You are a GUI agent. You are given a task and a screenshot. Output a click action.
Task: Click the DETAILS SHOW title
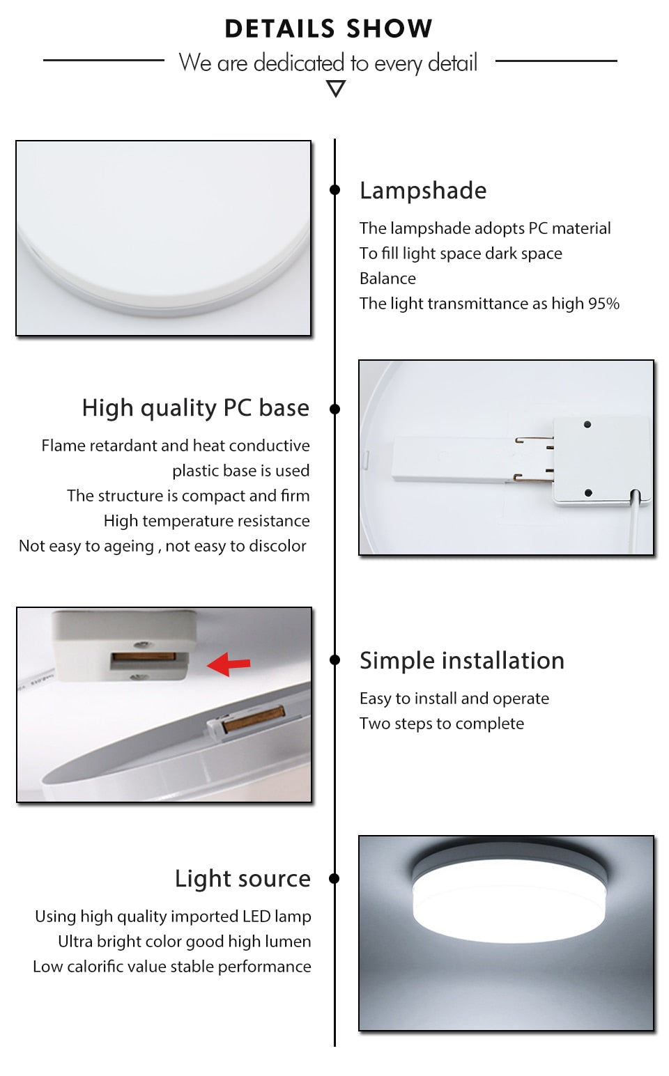tap(328, 29)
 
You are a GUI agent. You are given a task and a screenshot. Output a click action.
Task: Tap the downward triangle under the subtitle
tap(336, 88)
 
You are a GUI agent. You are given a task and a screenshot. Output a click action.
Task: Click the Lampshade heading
tap(423, 190)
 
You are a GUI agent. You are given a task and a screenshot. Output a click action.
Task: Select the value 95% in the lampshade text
tap(603, 304)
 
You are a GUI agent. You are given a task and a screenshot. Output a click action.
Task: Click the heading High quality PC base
tap(195, 407)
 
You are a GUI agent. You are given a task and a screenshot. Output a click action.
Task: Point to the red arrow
tap(229, 664)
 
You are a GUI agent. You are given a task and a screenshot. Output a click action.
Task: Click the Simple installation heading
tap(461, 660)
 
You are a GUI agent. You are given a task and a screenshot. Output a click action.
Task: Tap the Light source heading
tap(243, 878)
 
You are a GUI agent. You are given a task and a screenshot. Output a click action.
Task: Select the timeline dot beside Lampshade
tap(335, 189)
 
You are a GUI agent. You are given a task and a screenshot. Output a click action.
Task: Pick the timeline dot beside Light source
tap(335, 878)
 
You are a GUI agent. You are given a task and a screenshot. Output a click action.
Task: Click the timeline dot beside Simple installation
tap(335, 660)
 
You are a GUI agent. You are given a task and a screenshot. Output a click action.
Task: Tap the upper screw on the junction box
tap(587, 424)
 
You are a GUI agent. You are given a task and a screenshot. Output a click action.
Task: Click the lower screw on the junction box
tap(588, 492)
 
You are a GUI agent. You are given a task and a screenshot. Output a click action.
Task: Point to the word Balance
tap(387, 279)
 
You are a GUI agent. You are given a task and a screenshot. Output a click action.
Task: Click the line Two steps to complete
tap(442, 724)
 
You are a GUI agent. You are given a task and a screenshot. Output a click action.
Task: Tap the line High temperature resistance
tap(206, 521)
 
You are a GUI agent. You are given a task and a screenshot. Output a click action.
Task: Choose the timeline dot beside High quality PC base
tap(335, 409)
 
